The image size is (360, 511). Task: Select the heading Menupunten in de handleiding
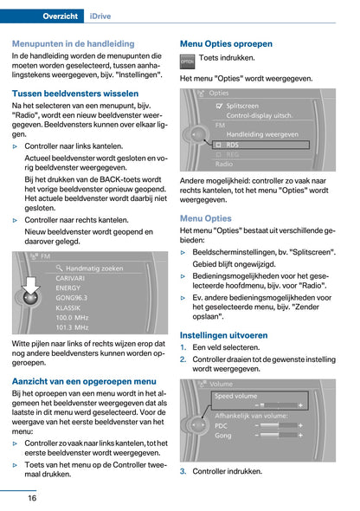click(73, 42)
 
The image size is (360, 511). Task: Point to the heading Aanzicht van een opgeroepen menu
click(84, 380)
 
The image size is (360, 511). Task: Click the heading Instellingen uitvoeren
click(223, 333)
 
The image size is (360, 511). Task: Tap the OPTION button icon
click(187, 61)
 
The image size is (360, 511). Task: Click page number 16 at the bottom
click(31, 497)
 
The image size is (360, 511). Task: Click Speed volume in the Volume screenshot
click(235, 396)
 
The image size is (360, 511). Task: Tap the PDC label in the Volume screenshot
click(222, 425)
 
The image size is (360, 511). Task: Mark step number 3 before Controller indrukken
click(183, 471)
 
